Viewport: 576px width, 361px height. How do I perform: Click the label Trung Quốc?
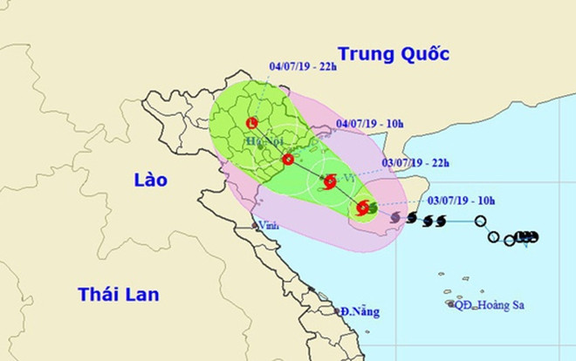(393, 54)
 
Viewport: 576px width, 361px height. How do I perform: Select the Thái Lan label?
(118, 294)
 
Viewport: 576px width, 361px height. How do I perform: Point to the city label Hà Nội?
(261, 141)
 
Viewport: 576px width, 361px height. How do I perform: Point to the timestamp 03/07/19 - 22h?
(416, 161)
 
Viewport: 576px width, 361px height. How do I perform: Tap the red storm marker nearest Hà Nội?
(288, 159)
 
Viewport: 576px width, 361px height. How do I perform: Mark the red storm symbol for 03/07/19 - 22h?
(330, 181)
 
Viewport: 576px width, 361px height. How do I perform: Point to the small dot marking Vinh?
(254, 226)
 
